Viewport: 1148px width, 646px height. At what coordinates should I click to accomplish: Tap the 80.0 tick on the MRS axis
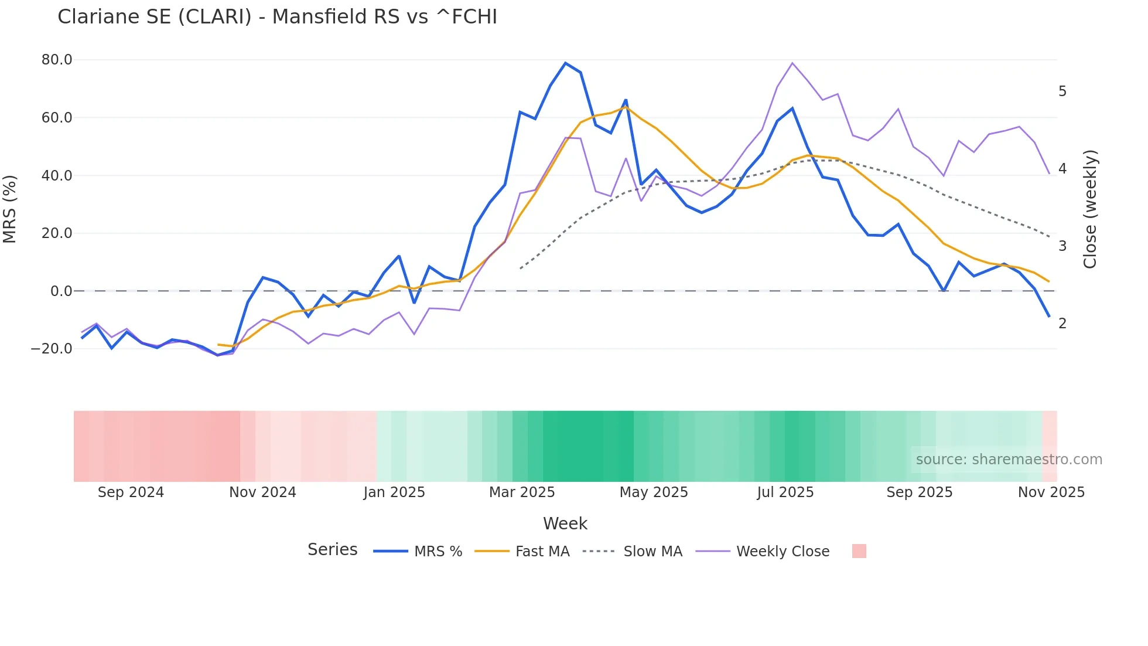57,60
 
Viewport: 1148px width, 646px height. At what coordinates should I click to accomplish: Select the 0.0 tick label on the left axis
61,291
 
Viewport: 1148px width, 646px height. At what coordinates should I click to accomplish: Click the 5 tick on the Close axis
1062,91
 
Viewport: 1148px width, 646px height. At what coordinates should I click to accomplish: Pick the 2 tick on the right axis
1062,323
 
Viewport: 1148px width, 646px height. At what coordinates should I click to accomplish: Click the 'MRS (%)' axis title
10,209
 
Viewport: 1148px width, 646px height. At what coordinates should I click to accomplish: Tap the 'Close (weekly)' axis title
1090,209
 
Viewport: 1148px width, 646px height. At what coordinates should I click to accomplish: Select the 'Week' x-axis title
565,523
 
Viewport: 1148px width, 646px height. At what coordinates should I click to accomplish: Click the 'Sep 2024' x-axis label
131,492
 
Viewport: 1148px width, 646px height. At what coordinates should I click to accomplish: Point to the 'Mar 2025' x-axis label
522,492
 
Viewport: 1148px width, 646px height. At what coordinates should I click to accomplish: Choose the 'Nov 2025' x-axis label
1051,492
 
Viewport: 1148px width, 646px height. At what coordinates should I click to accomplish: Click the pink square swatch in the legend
859,551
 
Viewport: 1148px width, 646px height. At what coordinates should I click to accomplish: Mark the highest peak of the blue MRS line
565,63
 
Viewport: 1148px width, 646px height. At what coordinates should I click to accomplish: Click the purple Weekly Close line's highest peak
792,63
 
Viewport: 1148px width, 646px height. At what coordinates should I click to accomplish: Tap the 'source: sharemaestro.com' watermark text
1009,460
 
